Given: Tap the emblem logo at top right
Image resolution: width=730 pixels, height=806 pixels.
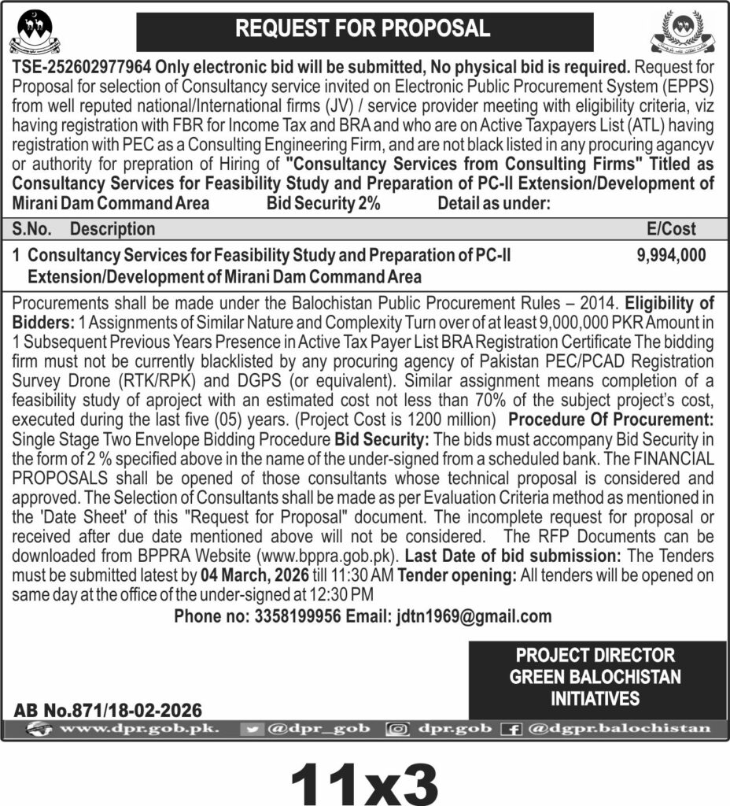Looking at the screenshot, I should (680, 31).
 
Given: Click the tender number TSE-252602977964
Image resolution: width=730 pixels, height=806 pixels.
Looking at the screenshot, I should (82, 68).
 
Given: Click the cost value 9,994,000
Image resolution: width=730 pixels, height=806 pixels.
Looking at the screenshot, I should (670, 255).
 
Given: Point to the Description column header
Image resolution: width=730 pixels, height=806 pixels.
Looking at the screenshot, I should (112, 229).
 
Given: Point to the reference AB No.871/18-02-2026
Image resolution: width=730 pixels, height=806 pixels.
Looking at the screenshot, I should (108, 709).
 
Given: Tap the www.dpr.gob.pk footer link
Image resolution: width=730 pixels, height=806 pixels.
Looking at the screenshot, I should (129, 729).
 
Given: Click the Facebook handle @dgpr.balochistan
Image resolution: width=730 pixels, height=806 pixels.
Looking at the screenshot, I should (618, 729).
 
